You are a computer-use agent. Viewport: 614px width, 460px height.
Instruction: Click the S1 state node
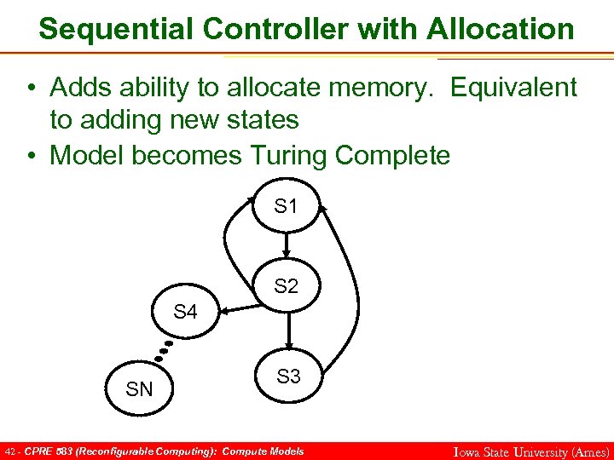coord(287,206)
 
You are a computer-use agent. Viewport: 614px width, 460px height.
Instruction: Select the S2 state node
coord(287,287)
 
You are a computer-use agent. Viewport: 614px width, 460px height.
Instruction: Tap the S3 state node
coord(289,377)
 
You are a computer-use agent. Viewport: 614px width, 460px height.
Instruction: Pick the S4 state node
coord(185,313)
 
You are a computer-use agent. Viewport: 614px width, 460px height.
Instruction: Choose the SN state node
coord(139,390)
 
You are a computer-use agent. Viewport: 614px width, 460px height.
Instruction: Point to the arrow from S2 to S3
coord(290,330)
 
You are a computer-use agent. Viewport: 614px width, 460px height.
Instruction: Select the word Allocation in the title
coord(501,29)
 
